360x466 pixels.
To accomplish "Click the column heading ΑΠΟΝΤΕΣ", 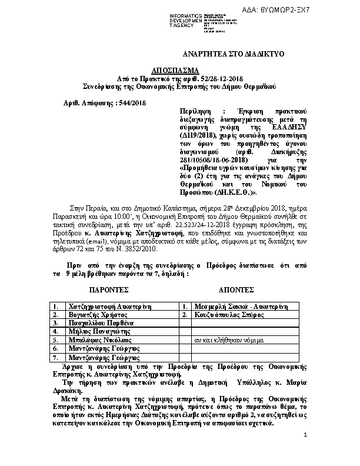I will point(236,290).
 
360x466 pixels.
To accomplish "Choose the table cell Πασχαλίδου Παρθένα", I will point(102,324).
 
